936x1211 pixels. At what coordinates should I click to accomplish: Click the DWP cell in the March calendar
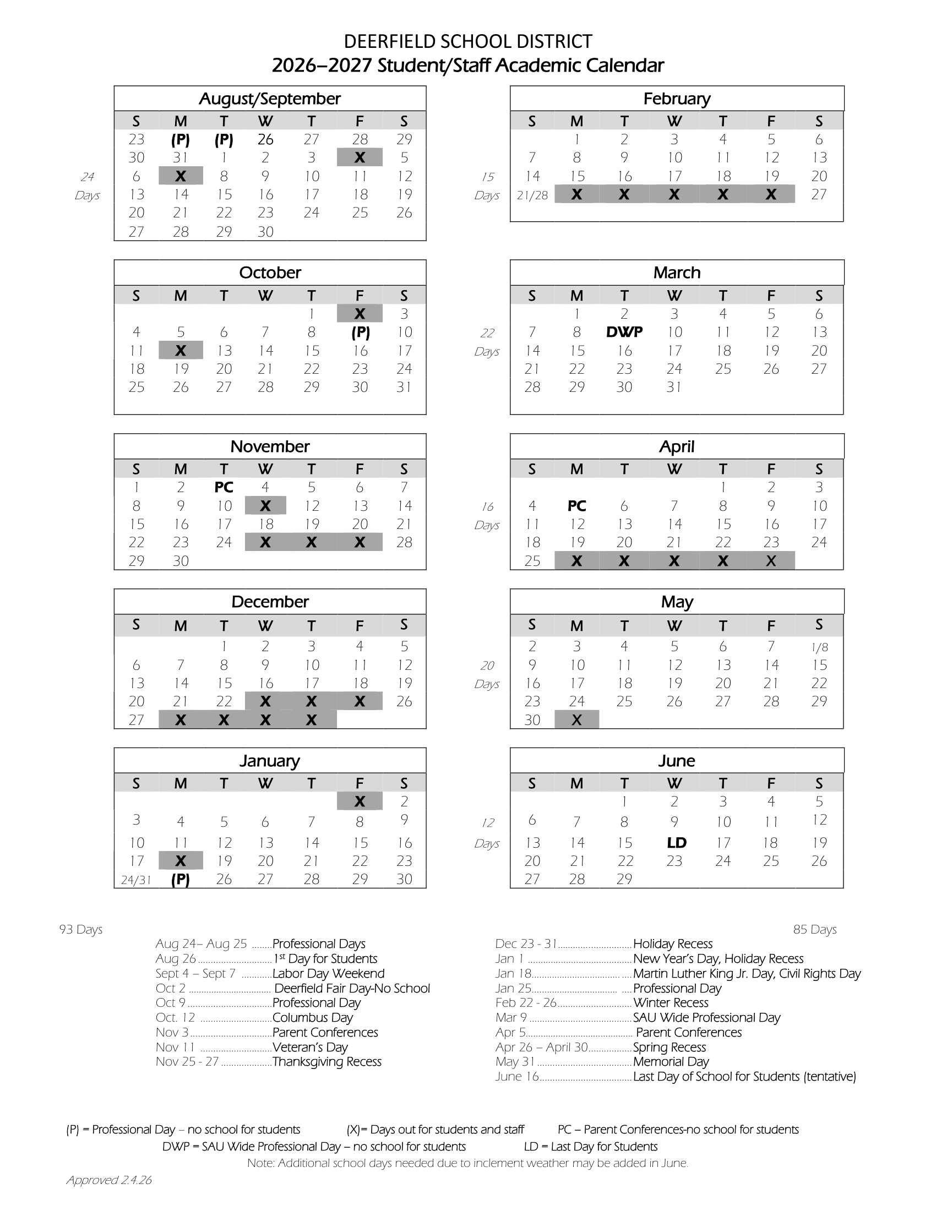(624, 332)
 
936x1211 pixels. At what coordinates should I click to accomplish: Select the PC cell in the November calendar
(224, 487)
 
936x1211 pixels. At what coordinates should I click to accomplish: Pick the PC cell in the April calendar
(576, 506)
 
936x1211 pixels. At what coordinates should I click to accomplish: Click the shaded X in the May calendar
(576, 720)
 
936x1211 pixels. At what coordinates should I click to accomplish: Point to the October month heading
(270, 272)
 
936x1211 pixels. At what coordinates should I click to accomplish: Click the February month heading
(677, 99)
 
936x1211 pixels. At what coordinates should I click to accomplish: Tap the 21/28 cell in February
(532, 195)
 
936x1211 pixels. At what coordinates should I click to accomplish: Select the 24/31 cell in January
(136, 880)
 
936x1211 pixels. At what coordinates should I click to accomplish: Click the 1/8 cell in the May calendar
(819, 647)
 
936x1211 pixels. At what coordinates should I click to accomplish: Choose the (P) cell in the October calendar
(360, 332)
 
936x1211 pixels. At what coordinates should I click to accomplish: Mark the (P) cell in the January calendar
(180, 880)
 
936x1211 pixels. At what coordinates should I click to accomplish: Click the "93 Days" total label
(81, 929)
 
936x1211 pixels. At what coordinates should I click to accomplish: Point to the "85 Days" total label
(814, 929)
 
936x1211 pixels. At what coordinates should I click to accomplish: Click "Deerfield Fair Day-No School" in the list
(352, 989)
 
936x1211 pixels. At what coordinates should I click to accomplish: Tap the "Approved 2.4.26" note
(109, 1180)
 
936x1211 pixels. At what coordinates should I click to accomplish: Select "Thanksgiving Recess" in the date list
(327, 1062)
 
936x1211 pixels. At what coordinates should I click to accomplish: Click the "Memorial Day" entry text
(671, 1062)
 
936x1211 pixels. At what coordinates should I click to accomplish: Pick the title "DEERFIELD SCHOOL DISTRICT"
(468, 42)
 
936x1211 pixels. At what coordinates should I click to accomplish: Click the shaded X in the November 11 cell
(265, 506)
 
